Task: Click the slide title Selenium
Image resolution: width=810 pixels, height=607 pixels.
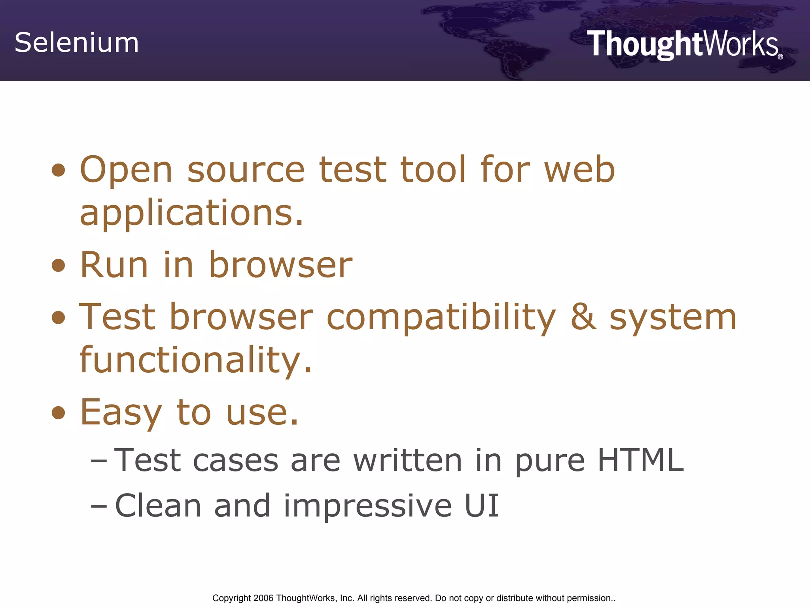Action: [77, 43]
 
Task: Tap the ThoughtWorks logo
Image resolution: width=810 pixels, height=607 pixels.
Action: [683, 45]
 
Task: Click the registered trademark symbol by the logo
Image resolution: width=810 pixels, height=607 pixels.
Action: [780, 57]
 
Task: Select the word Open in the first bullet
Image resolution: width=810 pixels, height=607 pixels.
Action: [126, 170]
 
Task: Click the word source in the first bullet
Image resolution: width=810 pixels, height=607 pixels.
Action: [246, 170]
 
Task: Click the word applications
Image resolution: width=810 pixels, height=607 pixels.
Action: [191, 213]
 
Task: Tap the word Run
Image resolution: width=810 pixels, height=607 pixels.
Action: [114, 265]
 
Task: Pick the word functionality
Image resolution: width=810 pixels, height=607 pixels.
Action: [195, 360]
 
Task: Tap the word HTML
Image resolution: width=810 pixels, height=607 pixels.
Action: [640, 460]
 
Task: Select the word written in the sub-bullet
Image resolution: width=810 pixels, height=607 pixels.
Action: [407, 460]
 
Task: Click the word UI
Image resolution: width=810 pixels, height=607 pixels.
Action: [481, 505]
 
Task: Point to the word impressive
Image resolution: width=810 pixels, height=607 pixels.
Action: [367, 506]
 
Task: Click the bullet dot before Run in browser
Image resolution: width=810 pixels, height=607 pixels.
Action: [58, 266]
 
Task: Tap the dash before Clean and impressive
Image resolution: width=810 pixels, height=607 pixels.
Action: [98, 506]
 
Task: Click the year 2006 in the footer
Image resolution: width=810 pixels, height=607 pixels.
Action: [263, 598]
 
